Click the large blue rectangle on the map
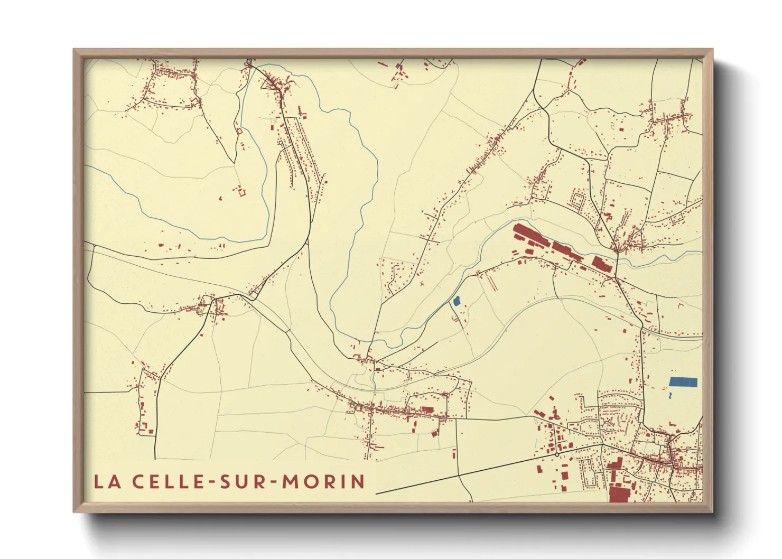[x=683, y=381]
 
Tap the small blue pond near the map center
[x=457, y=301]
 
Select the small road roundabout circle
[x=557, y=454]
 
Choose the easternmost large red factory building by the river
[x=601, y=263]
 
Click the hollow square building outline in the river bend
[x=242, y=192]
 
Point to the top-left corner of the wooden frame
[x=74, y=50]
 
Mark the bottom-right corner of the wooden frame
[x=712, y=511]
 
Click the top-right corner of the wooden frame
[x=712, y=50]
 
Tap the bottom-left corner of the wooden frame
[x=74, y=511]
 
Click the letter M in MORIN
[x=290, y=481]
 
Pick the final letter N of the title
[x=358, y=481]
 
